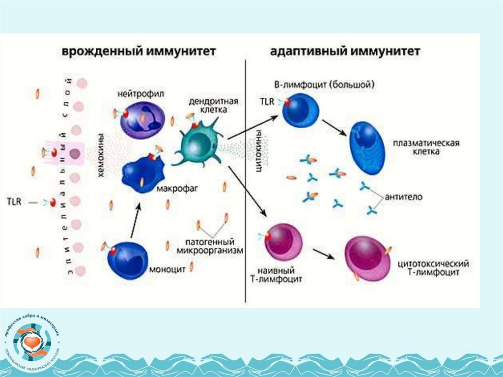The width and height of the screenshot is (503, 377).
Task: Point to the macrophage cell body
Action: pos(142,173)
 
